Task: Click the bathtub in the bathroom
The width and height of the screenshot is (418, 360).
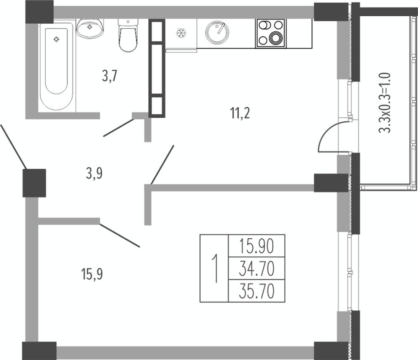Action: click(x=56, y=66)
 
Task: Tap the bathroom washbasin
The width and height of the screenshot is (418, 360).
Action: click(x=90, y=28)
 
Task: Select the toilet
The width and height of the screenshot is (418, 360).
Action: click(x=128, y=35)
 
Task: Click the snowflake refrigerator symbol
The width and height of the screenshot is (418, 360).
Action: click(x=181, y=33)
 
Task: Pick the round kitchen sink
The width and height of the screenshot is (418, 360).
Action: click(x=217, y=32)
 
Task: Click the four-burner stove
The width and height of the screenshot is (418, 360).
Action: click(x=271, y=33)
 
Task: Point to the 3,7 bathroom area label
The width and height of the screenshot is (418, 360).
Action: click(x=109, y=76)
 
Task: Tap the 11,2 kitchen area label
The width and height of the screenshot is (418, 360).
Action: click(x=240, y=114)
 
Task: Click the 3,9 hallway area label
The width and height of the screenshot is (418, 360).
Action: click(x=94, y=174)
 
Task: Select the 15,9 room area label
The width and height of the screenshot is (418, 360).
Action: click(x=92, y=274)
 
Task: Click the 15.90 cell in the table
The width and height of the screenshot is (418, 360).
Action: click(x=257, y=246)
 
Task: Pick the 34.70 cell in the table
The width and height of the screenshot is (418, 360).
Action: click(x=257, y=269)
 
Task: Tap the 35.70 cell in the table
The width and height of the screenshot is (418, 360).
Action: click(x=257, y=291)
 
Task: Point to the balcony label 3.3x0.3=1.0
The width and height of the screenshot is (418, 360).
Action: click(x=385, y=103)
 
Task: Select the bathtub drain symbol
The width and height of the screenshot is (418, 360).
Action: click(x=56, y=40)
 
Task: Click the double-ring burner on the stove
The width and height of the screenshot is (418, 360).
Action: click(x=275, y=37)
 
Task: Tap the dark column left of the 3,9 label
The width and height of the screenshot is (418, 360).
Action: click(x=34, y=183)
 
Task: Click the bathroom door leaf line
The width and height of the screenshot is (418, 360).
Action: click(x=119, y=128)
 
